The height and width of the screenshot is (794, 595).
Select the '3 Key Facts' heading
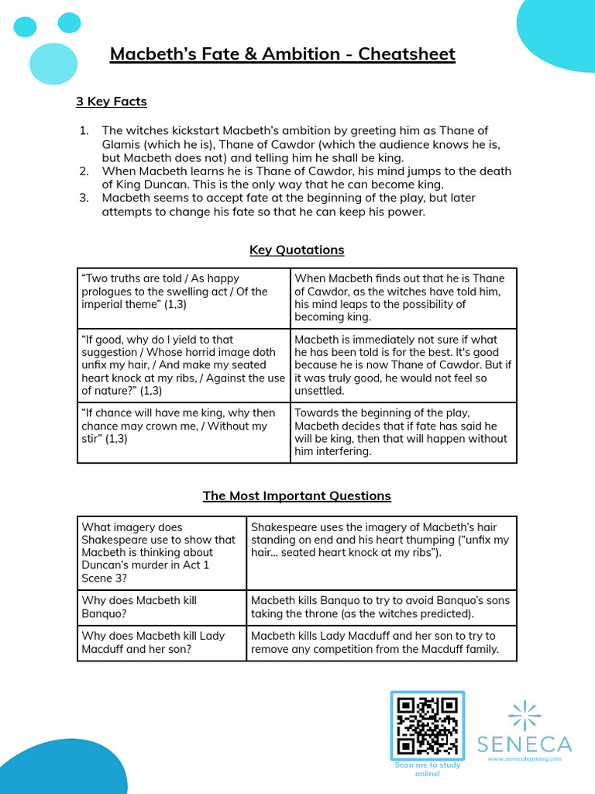click(111, 102)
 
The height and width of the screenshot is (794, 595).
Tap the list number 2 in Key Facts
click(84, 171)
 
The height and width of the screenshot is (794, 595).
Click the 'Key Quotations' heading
click(297, 250)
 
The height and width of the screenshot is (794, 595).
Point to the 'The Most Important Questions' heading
click(297, 495)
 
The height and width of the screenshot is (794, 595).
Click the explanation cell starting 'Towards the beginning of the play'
click(403, 432)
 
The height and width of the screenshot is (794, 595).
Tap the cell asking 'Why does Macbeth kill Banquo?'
click(161, 607)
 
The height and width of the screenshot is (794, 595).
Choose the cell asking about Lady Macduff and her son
click(161, 642)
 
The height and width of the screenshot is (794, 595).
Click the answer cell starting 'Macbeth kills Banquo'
click(380, 607)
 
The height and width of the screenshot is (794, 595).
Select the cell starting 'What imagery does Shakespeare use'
click(161, 553)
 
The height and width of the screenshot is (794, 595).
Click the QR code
click(427, 726)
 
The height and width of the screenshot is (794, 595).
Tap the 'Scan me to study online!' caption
click(427, 769)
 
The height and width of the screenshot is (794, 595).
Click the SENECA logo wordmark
click(524, 745)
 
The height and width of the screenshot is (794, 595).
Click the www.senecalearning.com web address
click(524, 759)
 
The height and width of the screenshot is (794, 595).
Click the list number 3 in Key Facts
click(84, 198)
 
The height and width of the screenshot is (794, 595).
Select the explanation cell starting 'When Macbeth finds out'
click(403, 298)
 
